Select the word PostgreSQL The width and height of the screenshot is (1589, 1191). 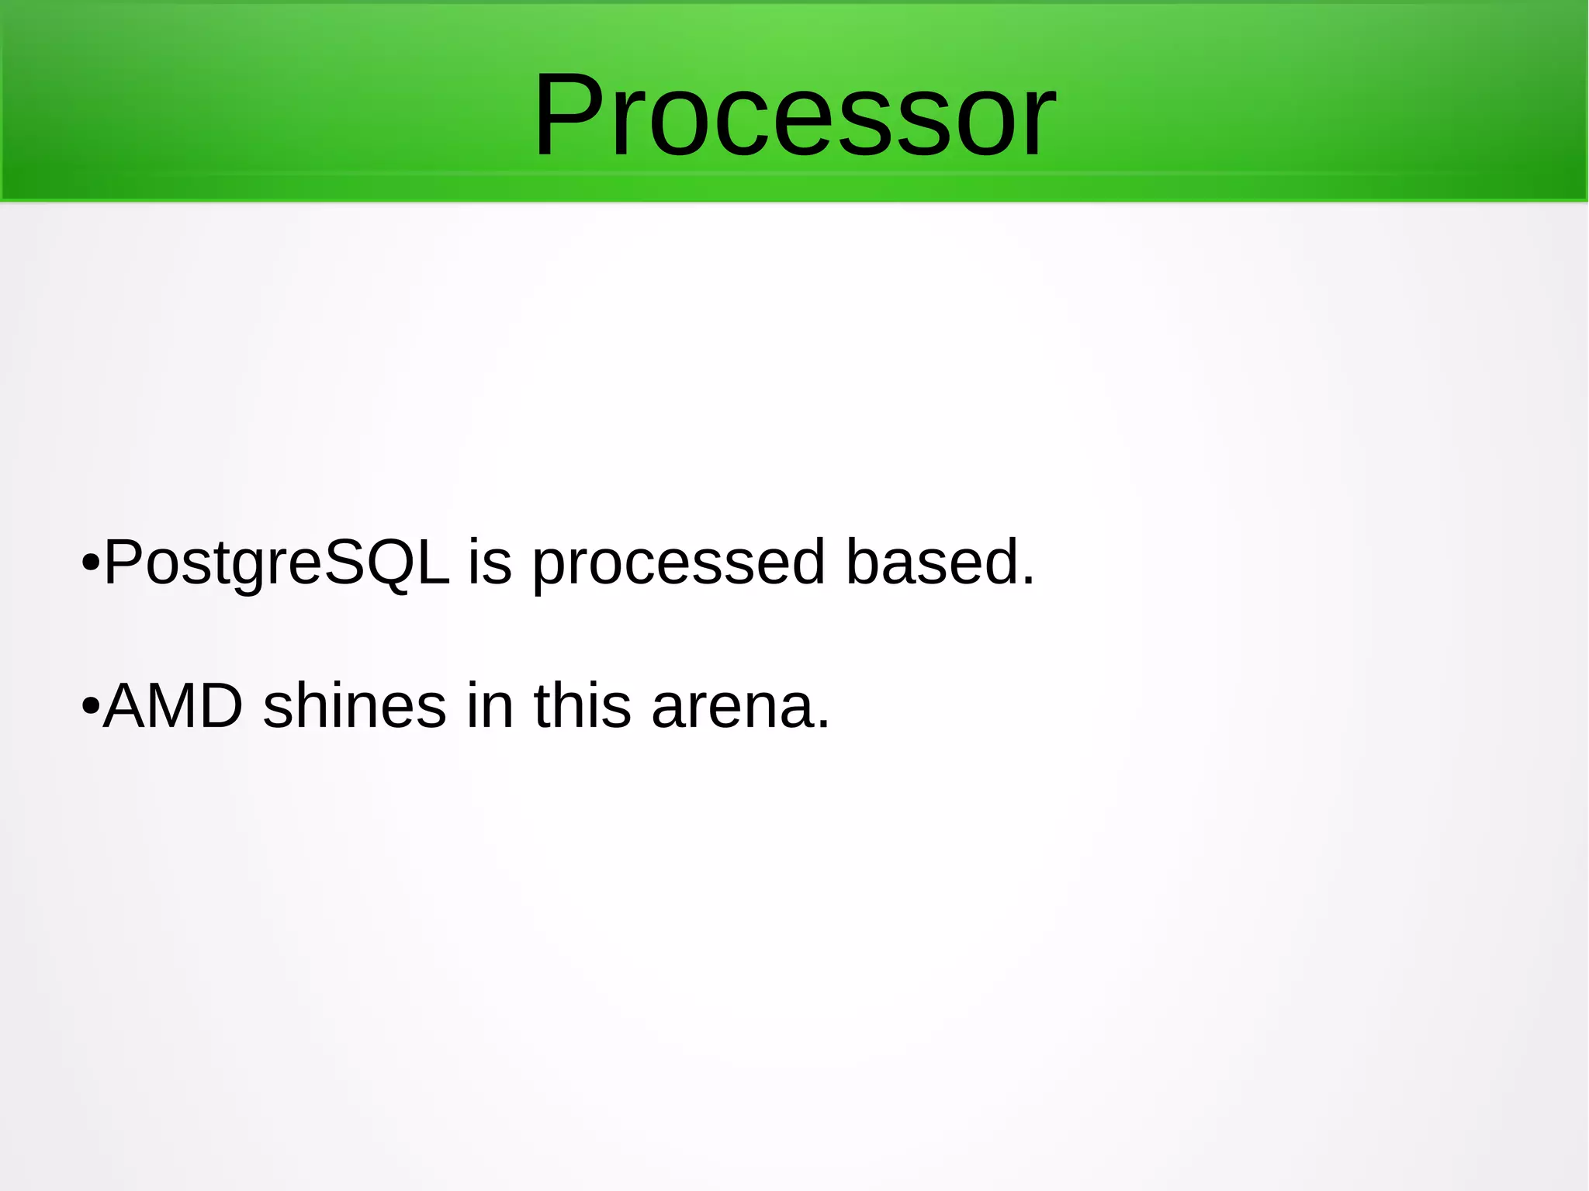(276, 563)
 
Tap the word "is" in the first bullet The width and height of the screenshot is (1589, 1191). (490, 561)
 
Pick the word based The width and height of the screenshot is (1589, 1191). (931, 561)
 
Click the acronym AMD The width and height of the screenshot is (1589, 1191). (173, 706)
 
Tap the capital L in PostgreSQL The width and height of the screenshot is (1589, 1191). (432, 561)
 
